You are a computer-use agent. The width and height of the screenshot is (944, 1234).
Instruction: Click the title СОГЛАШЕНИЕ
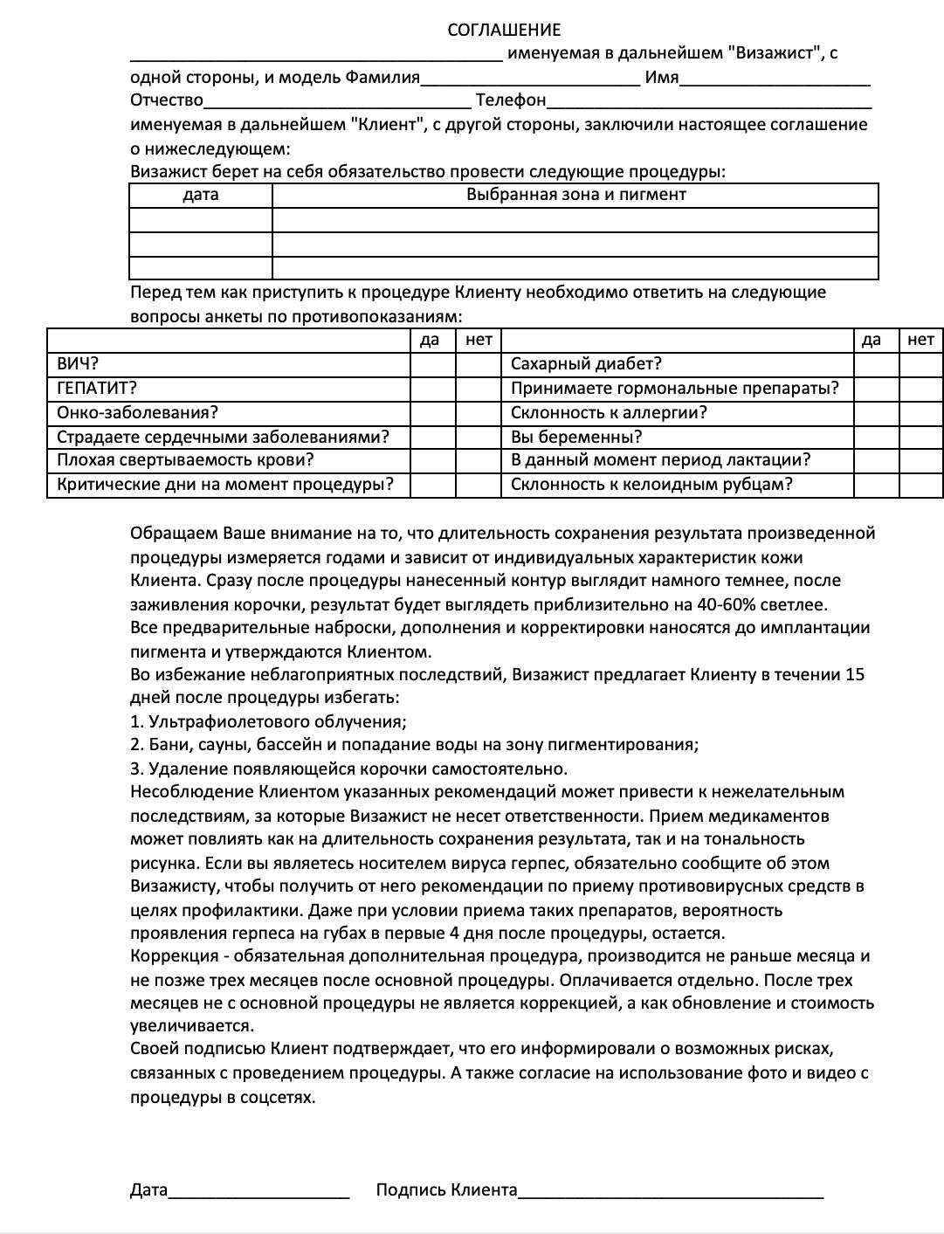(x=504, y=31)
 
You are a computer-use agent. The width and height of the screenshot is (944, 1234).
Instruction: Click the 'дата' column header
(x=201, y=195)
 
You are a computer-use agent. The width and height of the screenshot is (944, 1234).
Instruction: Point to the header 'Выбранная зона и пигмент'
(x=575, y=195)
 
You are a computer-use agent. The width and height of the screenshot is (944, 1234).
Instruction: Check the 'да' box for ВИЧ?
(x=432, y=364)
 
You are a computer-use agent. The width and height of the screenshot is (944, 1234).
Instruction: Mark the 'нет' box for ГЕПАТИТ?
(x=479, y=388)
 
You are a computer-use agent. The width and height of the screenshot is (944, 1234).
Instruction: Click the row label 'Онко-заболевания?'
(x=137, y=412)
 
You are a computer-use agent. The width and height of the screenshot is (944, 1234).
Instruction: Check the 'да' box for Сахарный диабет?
(x=876, y=364)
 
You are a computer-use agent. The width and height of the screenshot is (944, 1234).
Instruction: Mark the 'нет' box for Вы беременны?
(x=921, y=437)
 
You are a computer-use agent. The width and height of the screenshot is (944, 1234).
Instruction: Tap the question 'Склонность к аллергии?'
(x=609, y=412)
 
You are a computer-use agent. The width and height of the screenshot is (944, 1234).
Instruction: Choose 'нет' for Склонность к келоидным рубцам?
(x=921, y=485)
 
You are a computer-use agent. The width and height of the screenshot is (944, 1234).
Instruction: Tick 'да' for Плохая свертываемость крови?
(x=432, y=460)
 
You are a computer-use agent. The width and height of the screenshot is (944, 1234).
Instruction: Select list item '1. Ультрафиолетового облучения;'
(x=268, y=721)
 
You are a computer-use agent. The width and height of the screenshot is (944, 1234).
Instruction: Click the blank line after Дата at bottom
(x=258, y=1191)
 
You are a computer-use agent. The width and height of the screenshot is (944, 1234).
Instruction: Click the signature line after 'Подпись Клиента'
(x=670, y=1191)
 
